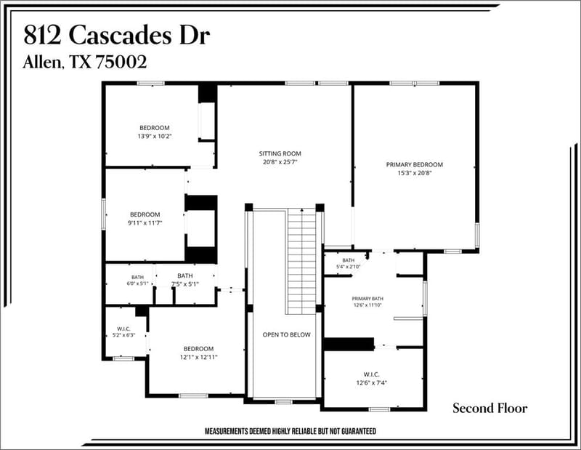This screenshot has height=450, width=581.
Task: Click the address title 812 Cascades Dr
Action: (117, 36)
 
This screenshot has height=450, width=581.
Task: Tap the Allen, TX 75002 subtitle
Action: (85, 62)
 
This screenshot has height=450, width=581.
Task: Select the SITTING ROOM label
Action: (280, 153)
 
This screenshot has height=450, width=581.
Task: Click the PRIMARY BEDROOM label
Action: (414, 164)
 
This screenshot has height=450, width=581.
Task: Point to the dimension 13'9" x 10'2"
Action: (155, 136)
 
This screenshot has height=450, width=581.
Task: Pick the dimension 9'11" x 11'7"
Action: (145, 223)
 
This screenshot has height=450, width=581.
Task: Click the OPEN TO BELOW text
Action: (286, 334)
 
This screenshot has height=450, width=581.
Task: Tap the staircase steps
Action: (302, 262)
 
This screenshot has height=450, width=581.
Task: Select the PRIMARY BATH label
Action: (367, 298)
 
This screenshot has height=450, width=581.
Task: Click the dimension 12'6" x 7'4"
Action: (371, 383)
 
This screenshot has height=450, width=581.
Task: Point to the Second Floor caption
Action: (489, 408)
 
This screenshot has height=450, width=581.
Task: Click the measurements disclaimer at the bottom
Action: (290, 431)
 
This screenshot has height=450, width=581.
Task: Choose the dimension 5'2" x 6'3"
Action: (123, 335)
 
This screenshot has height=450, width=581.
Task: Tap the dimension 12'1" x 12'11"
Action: (198, 357)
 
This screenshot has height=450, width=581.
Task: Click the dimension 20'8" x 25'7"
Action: (280, 161)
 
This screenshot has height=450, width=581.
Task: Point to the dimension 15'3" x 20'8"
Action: (415, 173)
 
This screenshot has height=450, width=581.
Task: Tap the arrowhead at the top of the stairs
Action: (302, 210)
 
